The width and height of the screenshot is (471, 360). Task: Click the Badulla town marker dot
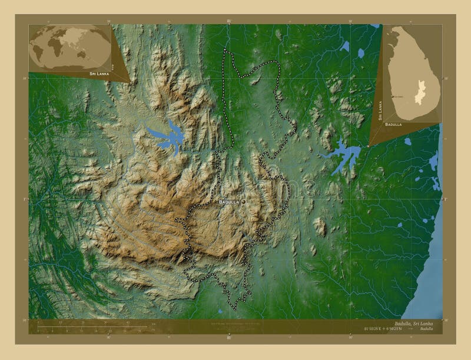pyautogui.click(x=243, y=202)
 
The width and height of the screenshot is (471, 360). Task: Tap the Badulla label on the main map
pyautogui.click(x=228, y=202)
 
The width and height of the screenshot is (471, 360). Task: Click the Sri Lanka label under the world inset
pyautogui.click(x=99, y=75)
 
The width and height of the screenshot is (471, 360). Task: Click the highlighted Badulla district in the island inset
pyautogui.click(x=419, y=91)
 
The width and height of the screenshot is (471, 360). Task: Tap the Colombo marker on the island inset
pyautogui.click(x=393, y=96)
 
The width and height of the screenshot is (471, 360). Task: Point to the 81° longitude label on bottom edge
pyautogui.click(x=229, y=338)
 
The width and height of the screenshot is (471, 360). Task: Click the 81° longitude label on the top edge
pyautogui.click(x=229, y=21)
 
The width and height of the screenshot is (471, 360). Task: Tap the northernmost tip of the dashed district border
pyautogui.click(x=224, y=50)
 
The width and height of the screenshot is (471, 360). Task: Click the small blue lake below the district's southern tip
pyautogui.click(x=220, y=311)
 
